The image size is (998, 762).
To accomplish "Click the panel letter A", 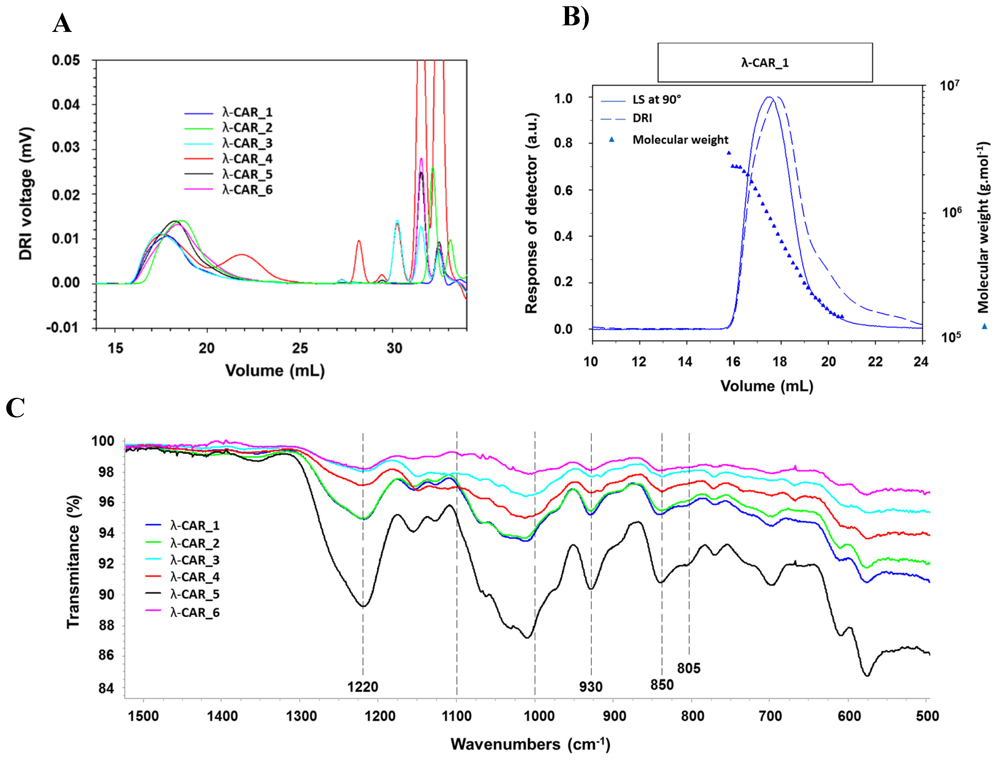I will [62, 24].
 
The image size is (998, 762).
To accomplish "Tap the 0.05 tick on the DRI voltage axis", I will [66, 60].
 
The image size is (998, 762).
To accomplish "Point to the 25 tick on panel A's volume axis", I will [300, 348].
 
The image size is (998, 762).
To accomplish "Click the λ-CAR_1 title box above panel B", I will [765, 63].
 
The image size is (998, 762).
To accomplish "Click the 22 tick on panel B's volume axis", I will [875, 362].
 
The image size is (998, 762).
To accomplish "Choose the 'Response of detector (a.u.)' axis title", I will [531, 213].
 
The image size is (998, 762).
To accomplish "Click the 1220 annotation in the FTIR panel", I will [363, 687].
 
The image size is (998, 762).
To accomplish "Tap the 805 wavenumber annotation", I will [688, 668].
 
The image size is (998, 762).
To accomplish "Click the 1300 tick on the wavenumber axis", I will [301, 717].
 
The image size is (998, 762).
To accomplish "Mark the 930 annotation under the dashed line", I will [590, 687].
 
